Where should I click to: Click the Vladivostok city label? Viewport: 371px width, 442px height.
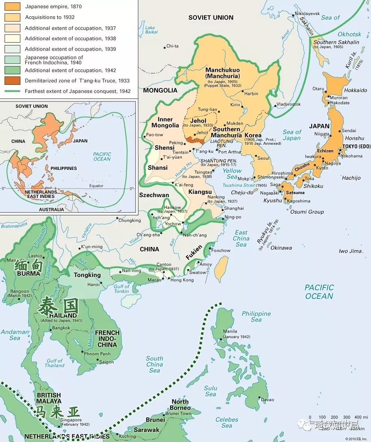pyautogui.click(x=289, y=104)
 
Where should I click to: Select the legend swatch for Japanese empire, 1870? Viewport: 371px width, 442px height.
pyautogui.click(x=12, y=7)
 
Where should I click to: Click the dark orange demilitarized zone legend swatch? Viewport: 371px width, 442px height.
pyautogui.click(x=12, y=81)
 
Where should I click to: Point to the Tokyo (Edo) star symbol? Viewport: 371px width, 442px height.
pyautogui.click(x=340, y=151)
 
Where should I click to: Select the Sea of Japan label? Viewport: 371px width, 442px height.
pyautogui.click(x=292, y=135)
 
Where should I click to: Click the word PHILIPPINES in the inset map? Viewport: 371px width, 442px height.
pyautogui.click(x=64, y=168)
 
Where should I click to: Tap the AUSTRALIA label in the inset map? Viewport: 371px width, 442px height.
pyautogui.click(x=51, y=209)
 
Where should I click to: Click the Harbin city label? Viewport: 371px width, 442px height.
pyautogui.click(x=252, y=93)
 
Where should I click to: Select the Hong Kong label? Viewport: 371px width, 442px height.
pyautogui.click(x=182, y=280)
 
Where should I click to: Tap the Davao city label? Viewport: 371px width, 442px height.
pyautogui.click(x=267, y=399)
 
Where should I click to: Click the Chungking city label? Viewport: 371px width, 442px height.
pyautogui.click(x=129, y=221)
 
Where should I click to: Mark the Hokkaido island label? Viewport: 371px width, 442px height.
pyautogui.click(x=355, y=90)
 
